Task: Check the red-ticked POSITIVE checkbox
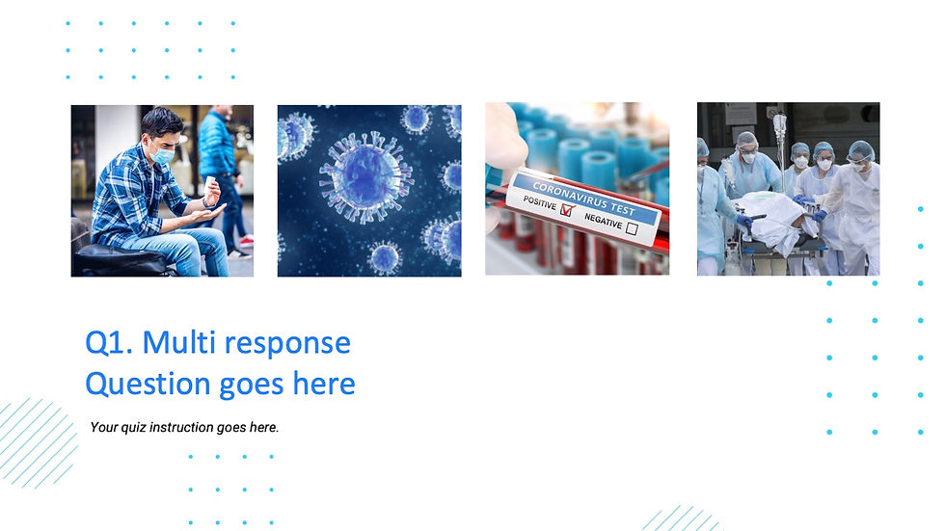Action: tap(566, 210)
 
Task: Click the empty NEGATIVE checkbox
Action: tap(632, 228)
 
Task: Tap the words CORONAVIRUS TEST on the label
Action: tap(583, 192)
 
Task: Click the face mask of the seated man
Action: tap(163, 152)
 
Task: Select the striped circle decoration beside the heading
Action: tap(37, 441)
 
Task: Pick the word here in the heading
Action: tap(322, 385)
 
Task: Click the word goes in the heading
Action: tap(252, 385)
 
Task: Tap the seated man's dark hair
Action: tap(160, 122)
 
